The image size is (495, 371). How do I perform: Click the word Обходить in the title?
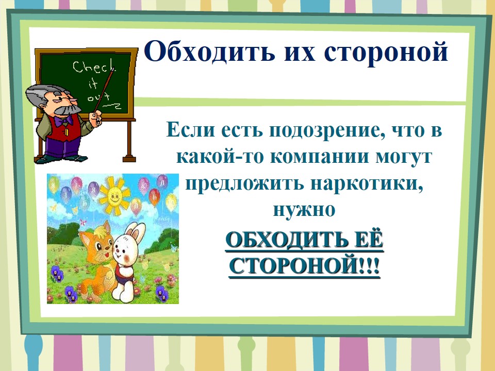[x=209, y=52]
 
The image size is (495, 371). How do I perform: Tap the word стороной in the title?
[x=386, y=52]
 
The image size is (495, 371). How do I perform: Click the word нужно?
[x=304, y=210]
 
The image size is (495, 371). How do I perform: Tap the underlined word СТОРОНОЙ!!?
[x=305, y=266]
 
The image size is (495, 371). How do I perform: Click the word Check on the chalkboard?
[x=94, y=68]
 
